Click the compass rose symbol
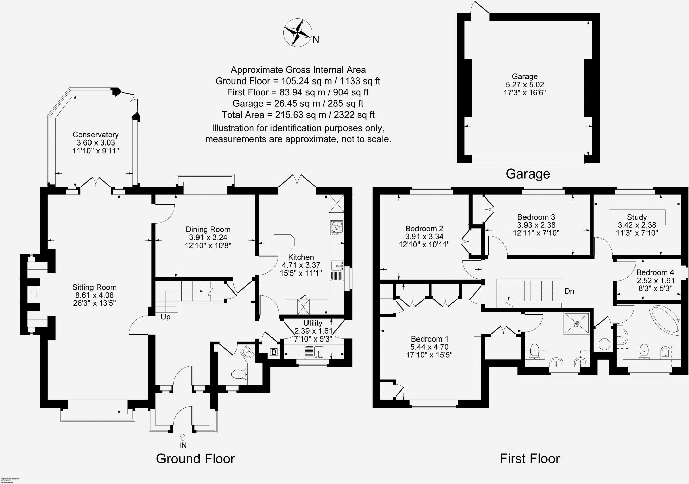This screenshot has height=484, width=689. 297,33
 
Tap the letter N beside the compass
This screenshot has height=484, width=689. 316,40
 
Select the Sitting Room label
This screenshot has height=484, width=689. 95,287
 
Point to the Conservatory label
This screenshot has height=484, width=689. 96,135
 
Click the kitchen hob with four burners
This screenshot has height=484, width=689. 337,228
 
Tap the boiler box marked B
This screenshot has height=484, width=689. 274,352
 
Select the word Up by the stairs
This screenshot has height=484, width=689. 166,317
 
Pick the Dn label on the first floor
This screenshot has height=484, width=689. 569,291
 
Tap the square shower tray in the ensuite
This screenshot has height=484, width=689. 577,324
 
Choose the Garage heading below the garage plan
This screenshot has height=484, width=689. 528,174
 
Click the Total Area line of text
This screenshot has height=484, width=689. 298,115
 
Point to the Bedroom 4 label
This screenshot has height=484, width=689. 655,272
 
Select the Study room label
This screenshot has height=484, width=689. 637,217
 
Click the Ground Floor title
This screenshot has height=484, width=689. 195,459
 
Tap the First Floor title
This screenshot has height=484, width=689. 530,459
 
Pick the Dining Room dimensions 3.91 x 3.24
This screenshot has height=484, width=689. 208,237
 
